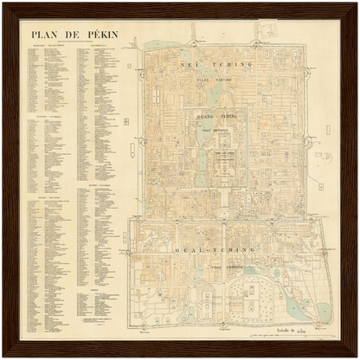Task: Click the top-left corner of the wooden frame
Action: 4,4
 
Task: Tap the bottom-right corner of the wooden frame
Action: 356,356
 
